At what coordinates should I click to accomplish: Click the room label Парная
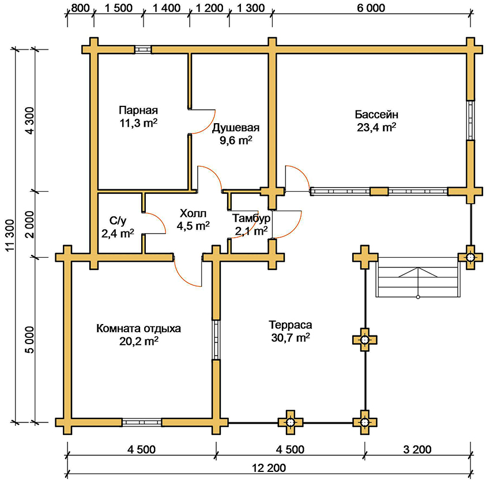pos(138,111)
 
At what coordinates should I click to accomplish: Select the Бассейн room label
pos(376,114)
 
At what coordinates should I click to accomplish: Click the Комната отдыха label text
pos(139,329)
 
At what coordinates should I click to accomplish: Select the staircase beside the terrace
pos(419,278)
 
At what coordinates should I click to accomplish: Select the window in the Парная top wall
pos(144,49)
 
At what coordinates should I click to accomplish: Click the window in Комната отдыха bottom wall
pos(141,422)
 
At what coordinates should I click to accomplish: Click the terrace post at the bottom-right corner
pos(364,422)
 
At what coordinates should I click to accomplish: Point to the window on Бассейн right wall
pos(471,120)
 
